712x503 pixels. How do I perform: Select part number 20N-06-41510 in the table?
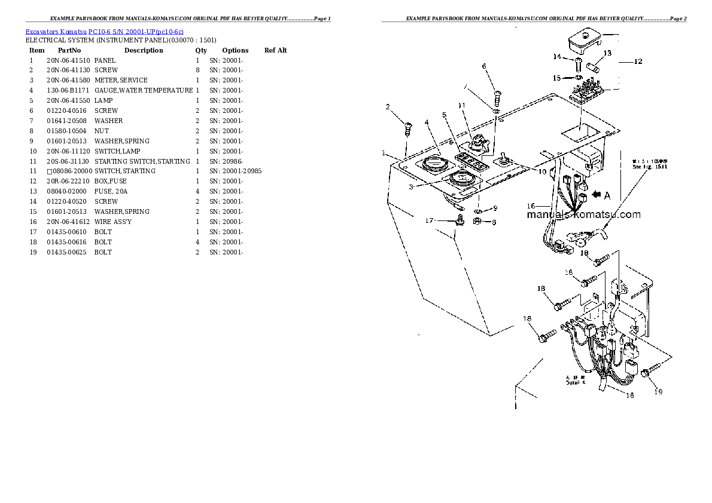(68, 60)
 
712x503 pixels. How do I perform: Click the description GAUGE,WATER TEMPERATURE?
(144, 90)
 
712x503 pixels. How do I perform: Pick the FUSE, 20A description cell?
(111, 191)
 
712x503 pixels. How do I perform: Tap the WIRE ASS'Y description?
(113, 222)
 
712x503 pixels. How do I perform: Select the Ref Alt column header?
(275, 50)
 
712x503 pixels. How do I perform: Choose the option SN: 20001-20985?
(235, 171)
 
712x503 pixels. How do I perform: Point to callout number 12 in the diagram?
(638, 62)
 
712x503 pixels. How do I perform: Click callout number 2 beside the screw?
(388, 107)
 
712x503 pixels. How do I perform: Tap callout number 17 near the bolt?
(429, 220)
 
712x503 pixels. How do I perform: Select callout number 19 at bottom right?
(658, 392)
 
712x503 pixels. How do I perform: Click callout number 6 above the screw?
(484, 66)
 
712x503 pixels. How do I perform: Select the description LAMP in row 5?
(104, 100)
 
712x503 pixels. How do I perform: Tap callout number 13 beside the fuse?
(607, 53)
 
